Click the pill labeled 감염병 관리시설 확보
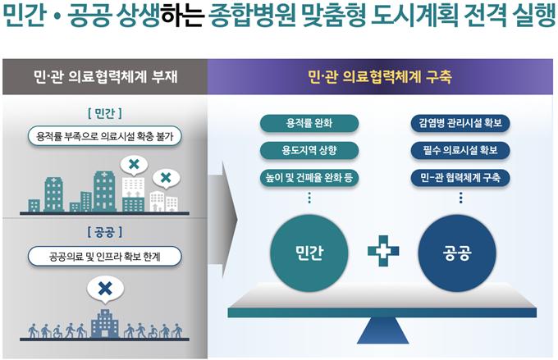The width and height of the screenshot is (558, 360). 460,124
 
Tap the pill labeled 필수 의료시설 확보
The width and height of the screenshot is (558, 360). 460,150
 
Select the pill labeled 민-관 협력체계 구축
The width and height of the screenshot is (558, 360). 460,176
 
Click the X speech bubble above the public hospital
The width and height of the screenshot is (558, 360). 104,289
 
